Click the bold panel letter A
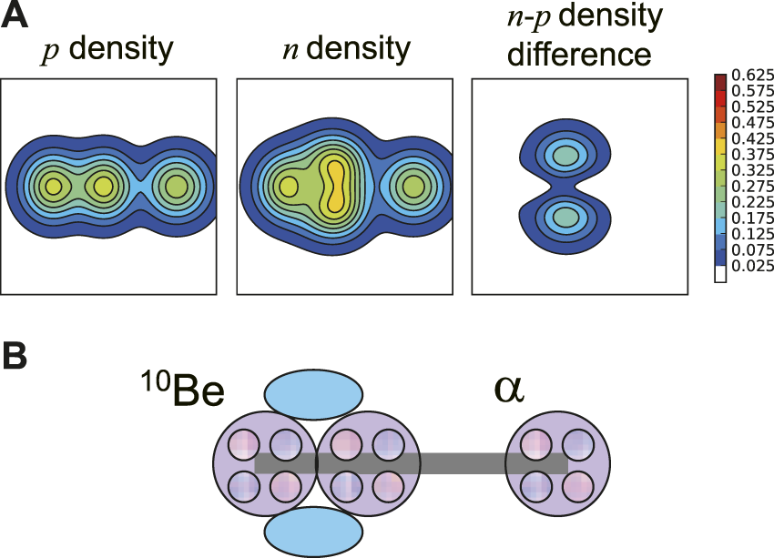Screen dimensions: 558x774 point(15,17)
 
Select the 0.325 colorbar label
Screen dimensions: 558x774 point(749,171)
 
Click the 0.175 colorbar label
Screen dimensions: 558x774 point(749,218)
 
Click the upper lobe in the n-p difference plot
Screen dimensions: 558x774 point(565,156)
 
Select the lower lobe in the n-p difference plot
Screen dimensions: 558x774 point(565,218)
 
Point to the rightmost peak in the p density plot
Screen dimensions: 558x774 point(174,187)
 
